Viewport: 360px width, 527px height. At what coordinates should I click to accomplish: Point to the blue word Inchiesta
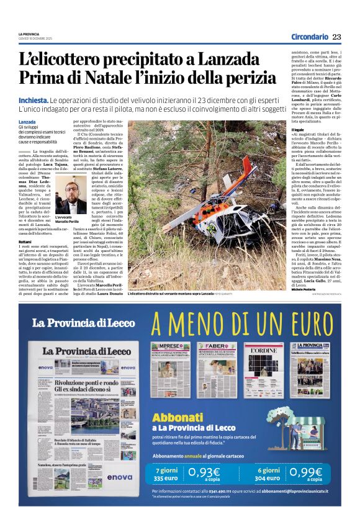point(34,100)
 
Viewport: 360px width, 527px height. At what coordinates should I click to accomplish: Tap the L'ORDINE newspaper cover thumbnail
point(263,369)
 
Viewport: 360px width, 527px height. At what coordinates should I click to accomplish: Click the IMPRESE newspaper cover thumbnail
point(171,369)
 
